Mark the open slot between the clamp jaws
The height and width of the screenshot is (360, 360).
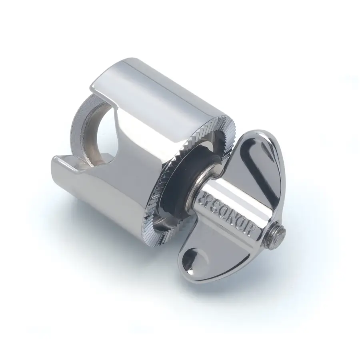coord(86,152)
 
